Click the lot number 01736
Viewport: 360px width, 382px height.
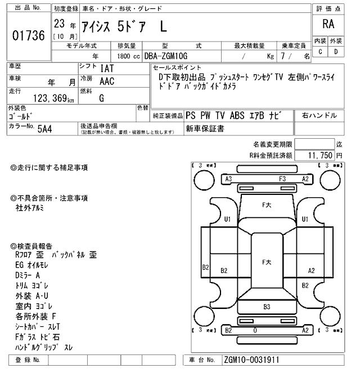(28, 35)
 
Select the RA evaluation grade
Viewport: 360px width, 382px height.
(328, 24)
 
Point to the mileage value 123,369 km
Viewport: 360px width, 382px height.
(53, 98)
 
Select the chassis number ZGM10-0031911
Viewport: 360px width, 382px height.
(251, 360)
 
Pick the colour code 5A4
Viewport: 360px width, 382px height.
(45, 128)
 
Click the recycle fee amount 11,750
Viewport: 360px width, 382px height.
(319, 155)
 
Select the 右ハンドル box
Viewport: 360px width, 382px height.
(319, 116)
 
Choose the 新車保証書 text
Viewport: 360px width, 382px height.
(205, 129)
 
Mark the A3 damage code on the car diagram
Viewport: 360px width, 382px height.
(229, 179)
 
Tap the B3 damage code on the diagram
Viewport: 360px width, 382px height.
(267, 307)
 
